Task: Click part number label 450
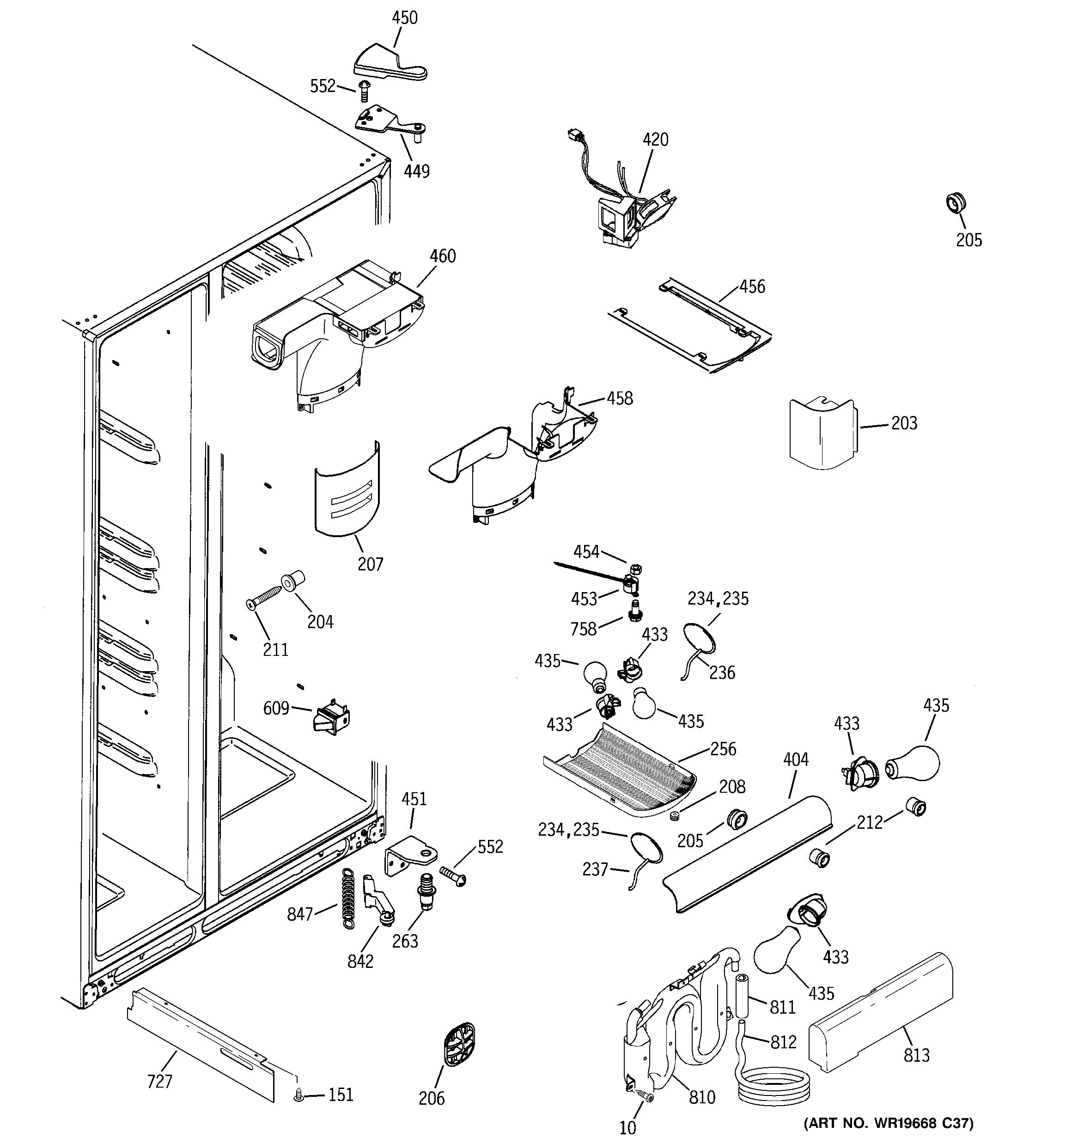coord(404,18)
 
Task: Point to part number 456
coord(752,287)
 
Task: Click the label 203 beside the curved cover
coord(904,423)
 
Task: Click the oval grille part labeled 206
coord(460,1045)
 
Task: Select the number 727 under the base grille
coord(159,1082)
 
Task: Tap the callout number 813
coord(916,1055)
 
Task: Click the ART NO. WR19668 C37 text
coord(888,1123)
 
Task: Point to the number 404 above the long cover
coord(796,759)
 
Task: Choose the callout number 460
coord(443,256)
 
